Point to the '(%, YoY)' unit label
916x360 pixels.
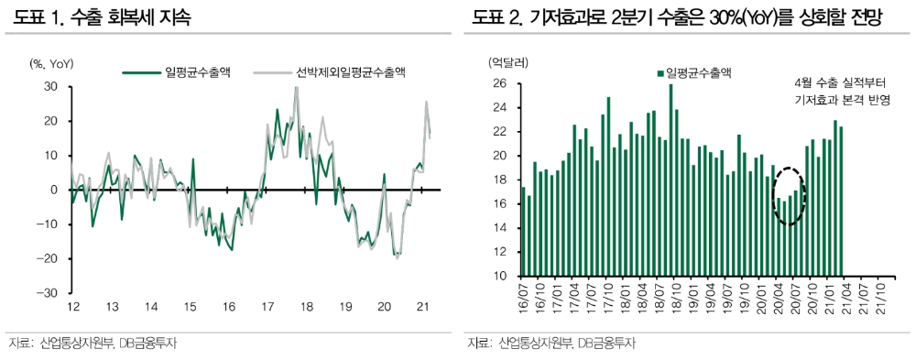[51, 64]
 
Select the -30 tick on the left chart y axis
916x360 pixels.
[49, 293]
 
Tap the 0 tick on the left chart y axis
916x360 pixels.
[55, 190]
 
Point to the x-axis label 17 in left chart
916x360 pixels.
[266, 307]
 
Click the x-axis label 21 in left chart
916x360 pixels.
[422, 307]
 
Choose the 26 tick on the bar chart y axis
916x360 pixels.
[499, 83]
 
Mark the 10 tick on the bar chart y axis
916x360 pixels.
[499, 276]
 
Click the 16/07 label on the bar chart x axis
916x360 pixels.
[524, 298]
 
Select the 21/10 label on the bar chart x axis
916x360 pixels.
[881, 298]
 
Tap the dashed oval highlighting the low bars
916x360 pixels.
[789, 195]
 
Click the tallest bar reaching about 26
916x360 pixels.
[671, 180]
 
